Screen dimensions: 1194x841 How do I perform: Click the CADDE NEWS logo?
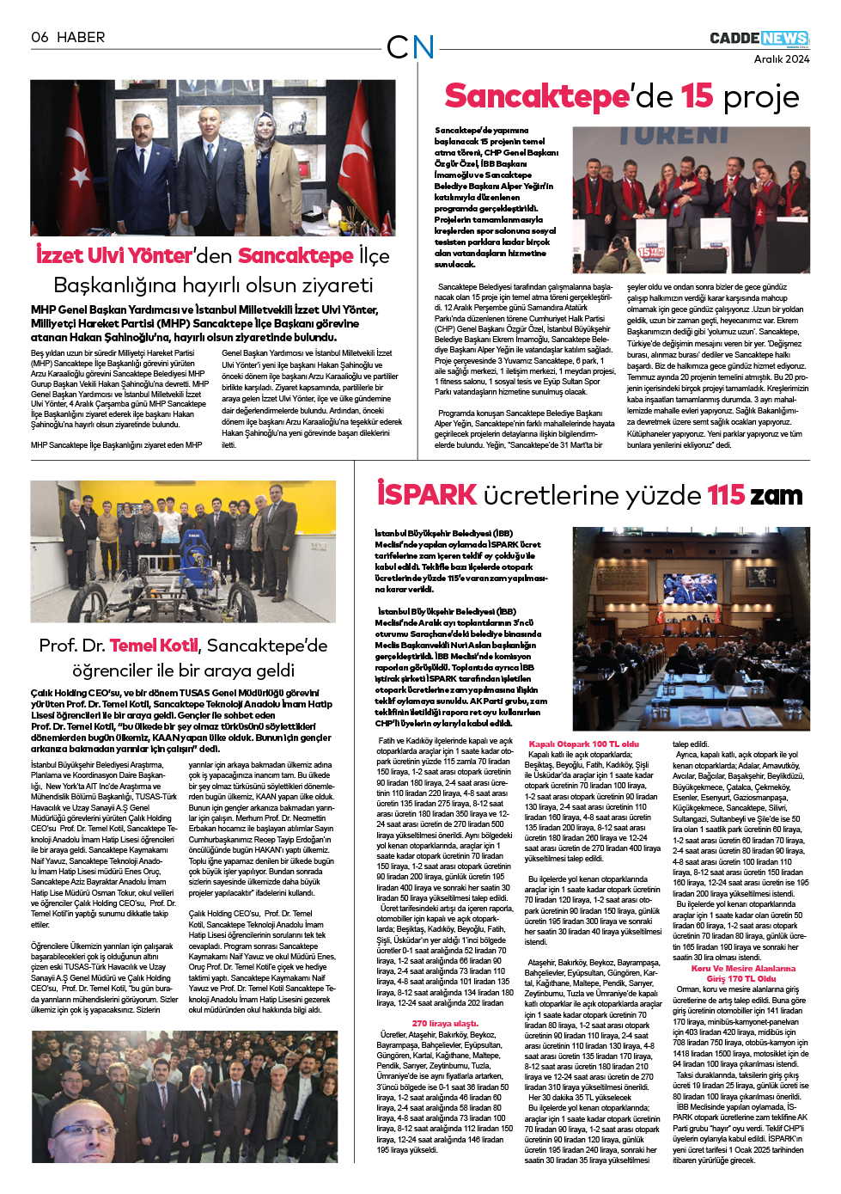click(759, 39)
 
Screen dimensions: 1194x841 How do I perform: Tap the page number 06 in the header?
click(40, 37)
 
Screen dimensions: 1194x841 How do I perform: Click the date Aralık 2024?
click(781, 59)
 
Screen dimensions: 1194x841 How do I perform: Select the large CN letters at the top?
click(411, 47)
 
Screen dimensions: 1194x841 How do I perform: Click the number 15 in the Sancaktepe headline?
click(697, 96)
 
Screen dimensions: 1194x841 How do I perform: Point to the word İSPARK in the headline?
click(426, 494)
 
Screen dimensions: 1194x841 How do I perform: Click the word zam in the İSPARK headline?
click(777, 495)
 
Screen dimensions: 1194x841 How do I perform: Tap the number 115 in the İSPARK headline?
click(726, 495)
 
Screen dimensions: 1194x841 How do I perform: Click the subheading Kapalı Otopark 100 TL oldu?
click(583, 744)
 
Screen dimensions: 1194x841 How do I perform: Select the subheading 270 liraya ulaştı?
click(444, 1023)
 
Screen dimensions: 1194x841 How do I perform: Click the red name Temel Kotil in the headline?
click(154, 645)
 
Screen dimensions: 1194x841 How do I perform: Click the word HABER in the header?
click(81, 37)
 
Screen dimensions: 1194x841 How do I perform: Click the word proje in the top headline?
click(761, 97)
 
